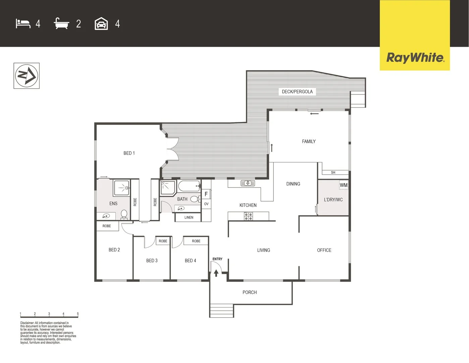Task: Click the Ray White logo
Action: click(415, 57)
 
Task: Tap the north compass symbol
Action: click(27, 76)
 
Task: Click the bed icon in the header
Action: click(23, 24)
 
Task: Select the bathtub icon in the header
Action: click(61, 24)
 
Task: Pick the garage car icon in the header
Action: click(101, 24)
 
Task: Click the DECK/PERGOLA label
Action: click(297, 91)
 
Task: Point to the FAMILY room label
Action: click(309, 142)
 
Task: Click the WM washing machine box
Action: click(344, 185)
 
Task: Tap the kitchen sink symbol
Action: click(248, 183)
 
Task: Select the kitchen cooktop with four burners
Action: click(248, 216)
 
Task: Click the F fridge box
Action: click(206, 194)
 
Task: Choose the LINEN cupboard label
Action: click(189, 217)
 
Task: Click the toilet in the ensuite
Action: click(124, 214)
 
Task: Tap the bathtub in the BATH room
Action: click(189, 186)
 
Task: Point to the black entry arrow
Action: click(216, 273)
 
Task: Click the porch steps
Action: click(221, 311)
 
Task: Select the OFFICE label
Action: click(324, 250)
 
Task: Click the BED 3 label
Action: click(152, 260)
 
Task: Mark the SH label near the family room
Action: click(333, 172)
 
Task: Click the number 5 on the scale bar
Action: click(78, 314)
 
